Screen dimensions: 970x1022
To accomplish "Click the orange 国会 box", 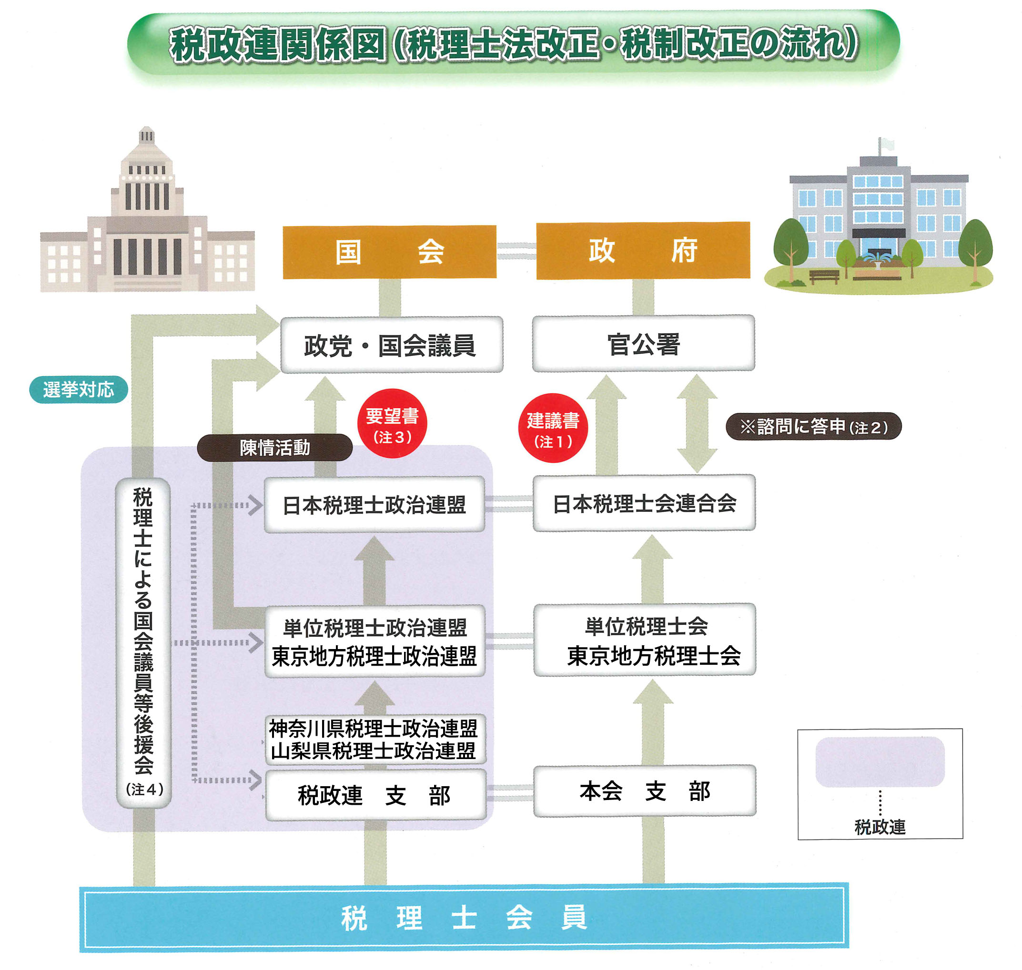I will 389,252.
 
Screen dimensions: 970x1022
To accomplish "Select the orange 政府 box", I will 643,251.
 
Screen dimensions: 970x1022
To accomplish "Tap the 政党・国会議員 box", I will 391,345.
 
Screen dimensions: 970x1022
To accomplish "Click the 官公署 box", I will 643,343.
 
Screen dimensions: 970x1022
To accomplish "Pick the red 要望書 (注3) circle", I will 392,423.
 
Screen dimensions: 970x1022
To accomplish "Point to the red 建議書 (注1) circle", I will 553,428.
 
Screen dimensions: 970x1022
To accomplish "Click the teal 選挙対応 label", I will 78,390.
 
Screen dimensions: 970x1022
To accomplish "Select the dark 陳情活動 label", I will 275,447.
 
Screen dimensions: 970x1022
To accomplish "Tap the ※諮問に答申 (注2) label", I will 813,427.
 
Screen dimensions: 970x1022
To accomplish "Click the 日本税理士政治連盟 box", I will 374,505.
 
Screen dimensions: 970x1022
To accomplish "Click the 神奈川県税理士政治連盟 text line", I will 374,729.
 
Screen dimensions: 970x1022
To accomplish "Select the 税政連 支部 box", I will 375,795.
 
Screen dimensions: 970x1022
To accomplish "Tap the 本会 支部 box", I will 644,791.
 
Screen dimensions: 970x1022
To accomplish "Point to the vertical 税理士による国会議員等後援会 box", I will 143,641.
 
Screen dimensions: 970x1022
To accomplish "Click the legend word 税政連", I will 880,827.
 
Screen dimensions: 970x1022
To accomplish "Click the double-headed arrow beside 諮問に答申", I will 697,423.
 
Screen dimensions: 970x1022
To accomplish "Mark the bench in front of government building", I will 824,276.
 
